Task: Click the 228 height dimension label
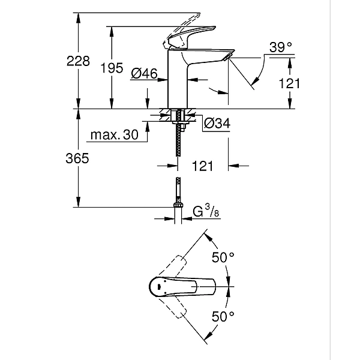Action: (78, 61)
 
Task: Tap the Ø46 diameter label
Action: (144, 74)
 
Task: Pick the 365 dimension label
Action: (78, 158)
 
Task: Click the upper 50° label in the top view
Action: (222, 259)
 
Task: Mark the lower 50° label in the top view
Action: (222, 315)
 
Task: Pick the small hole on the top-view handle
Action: (158, 289)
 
